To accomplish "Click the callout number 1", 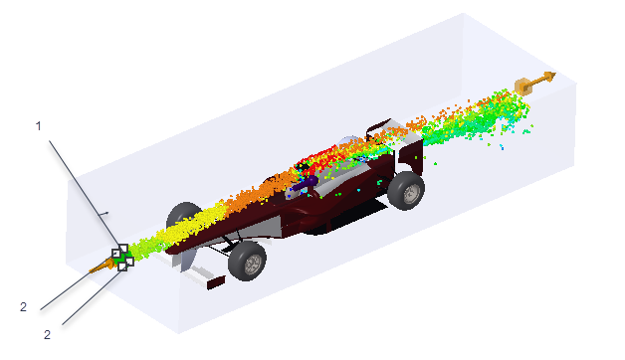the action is click(38, 126).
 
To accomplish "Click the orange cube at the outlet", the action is click(523, 87).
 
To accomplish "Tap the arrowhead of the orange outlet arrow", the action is click(550, 77).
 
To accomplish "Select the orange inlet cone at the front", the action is click(102, 266).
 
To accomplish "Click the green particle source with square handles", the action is click(122, 258).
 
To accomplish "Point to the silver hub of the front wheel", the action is click(253, 264).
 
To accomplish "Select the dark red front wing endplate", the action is click(216, 282).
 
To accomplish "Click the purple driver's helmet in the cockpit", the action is click(307, 184).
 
